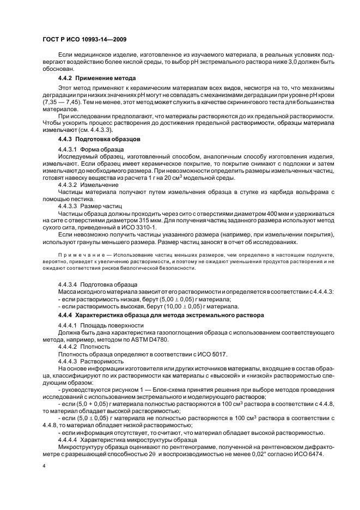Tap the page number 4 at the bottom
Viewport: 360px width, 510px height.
[44, 466]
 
